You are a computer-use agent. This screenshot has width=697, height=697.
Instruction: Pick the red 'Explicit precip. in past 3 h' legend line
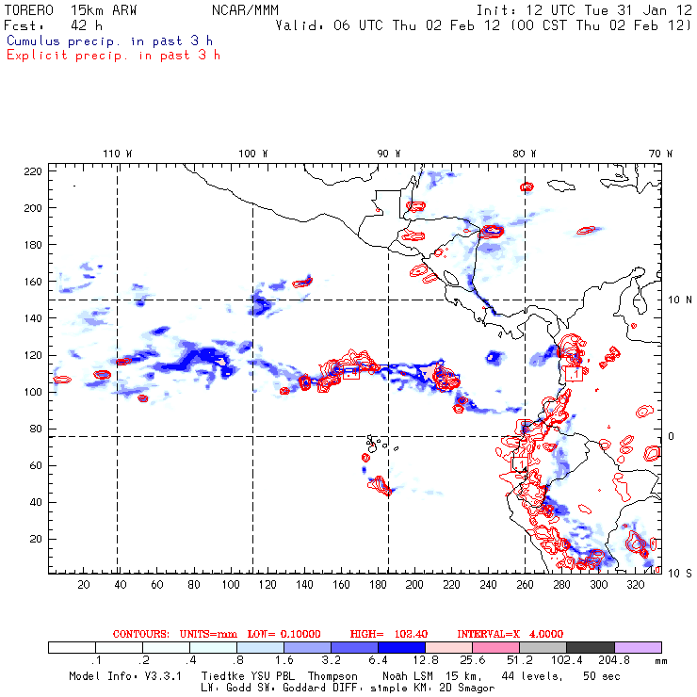tap(113, 55)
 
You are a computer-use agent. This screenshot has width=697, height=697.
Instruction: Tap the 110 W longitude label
tap(117, 153)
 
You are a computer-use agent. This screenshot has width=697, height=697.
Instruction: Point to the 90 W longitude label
tap(388, 153)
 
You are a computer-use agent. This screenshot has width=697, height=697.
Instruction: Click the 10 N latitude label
tap(671, 300)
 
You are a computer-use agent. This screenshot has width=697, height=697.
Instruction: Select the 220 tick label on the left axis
tap(33, 170)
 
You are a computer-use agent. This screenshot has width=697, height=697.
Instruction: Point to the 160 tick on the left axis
tap(33, 281)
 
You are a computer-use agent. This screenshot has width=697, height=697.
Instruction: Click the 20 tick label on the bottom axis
tap(83, 585)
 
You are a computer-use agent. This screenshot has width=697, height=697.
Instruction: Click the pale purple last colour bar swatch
tap(638, 648)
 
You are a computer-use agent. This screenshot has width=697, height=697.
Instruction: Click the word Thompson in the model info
tap(330, 676)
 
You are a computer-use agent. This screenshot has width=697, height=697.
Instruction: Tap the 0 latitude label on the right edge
tap(672, 436)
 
